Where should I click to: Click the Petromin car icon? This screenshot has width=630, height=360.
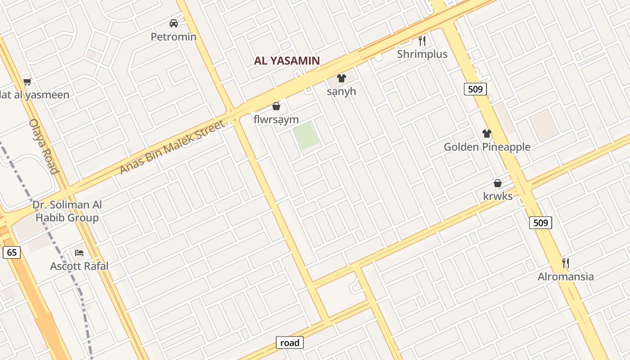174,23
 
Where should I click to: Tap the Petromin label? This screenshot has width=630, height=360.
174,37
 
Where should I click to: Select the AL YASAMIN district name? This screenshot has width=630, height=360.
287,61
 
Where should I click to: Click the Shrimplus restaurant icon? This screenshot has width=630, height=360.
422,41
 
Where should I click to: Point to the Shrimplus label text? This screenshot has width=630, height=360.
422,54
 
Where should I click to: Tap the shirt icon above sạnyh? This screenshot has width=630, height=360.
342,78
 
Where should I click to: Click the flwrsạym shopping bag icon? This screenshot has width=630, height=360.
276,107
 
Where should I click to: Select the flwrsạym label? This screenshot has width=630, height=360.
276,120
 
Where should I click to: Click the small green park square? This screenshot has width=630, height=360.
306,135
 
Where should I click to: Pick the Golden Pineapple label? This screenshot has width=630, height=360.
487,147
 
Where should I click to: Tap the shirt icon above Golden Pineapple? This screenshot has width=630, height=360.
487,134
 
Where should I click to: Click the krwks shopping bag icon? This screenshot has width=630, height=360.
498,183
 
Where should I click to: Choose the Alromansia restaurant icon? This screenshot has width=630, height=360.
566,263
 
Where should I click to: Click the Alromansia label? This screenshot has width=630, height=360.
566,276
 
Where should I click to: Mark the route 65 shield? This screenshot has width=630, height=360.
12,252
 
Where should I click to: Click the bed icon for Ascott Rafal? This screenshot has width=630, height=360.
79,253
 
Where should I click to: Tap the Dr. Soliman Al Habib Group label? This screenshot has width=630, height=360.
67,211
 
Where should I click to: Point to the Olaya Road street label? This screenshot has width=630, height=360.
44,146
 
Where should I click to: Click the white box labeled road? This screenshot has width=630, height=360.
290,343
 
